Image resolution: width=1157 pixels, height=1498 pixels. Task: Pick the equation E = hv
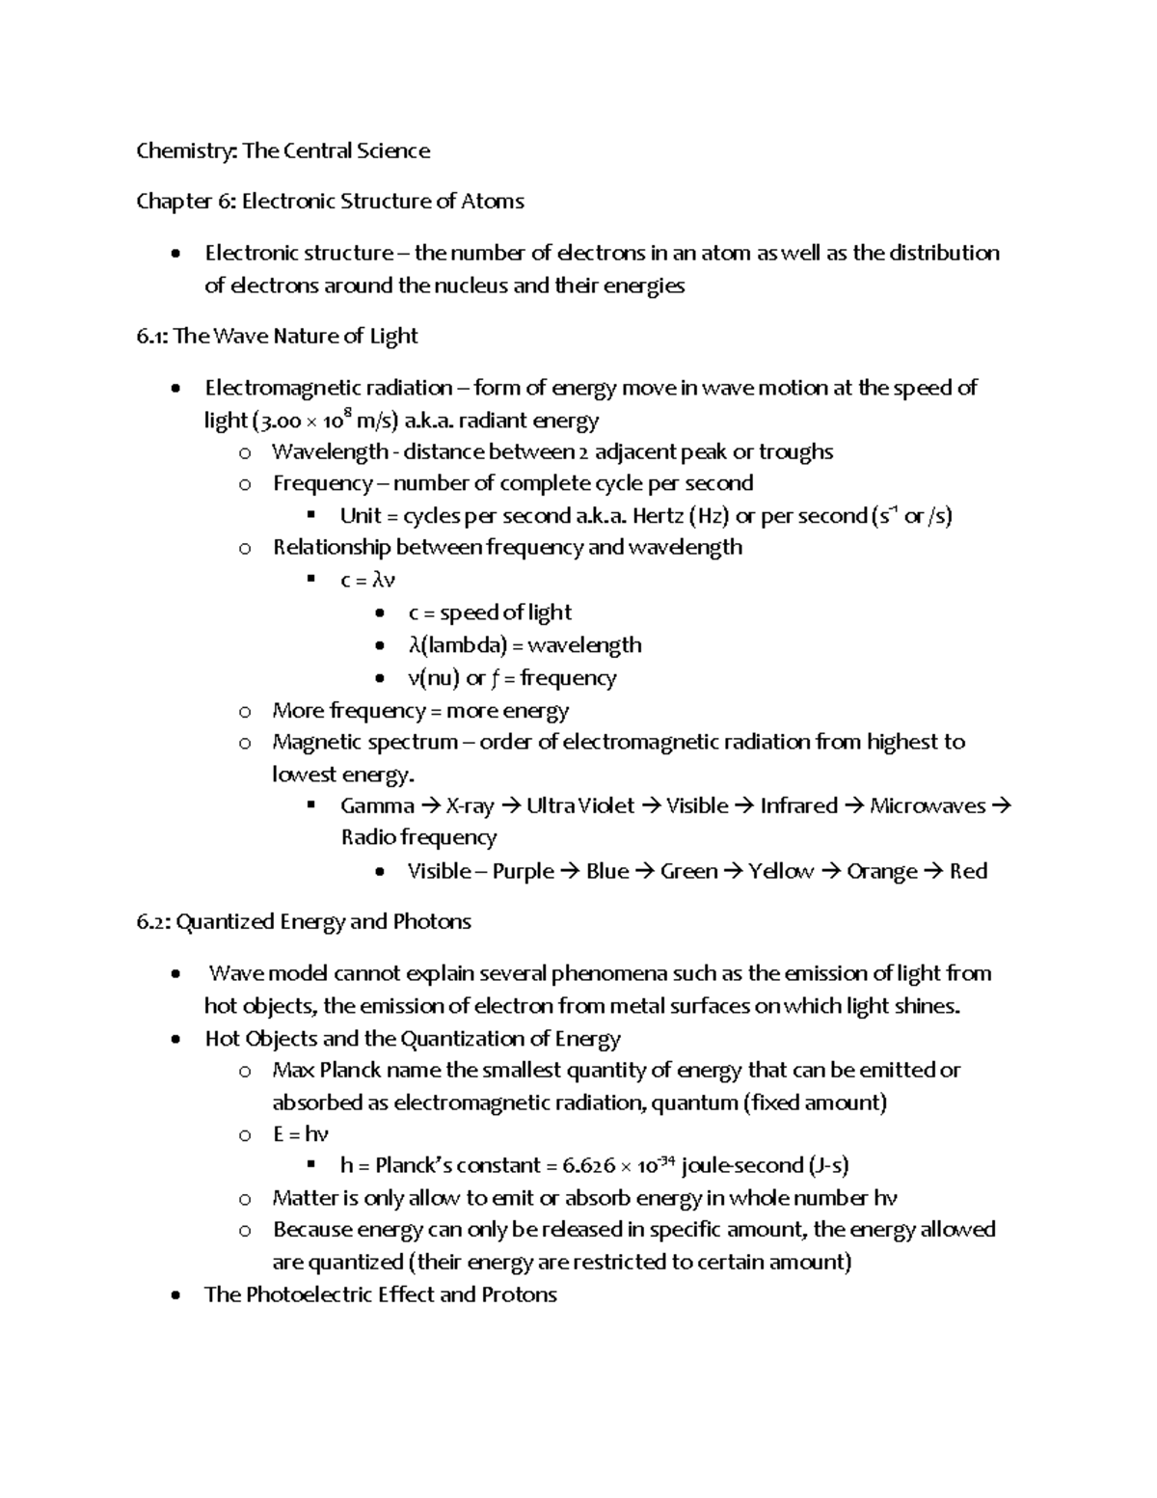tap(301, 1133)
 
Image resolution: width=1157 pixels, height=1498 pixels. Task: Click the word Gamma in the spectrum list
tap(377, 805)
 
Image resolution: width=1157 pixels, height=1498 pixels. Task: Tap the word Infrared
tap(798, 805)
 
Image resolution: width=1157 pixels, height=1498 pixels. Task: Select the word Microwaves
tap(928, 805)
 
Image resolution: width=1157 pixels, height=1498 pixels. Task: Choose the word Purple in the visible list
tap(524, 871)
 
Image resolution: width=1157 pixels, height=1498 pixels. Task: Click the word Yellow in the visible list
tap(781, 871)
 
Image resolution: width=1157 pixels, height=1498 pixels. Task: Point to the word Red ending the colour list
tap(968, 871)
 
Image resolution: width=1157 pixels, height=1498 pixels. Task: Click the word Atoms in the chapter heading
tap(493, 201)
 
